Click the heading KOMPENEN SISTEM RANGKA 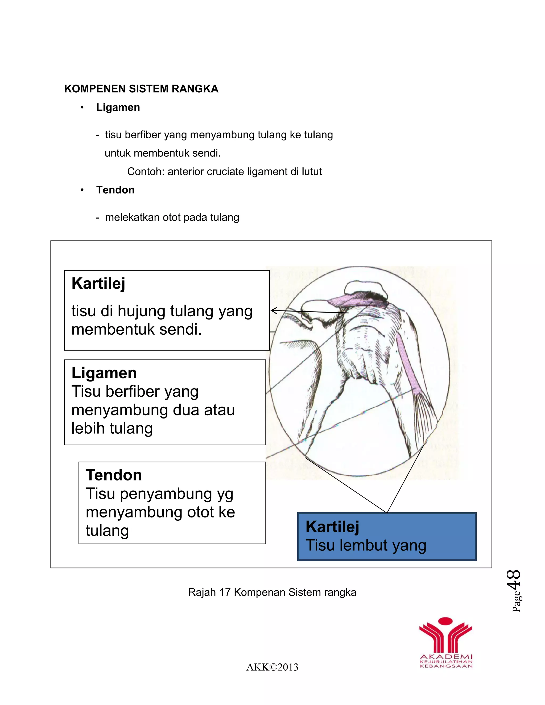[x=141, y=89]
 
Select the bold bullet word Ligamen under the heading [x=118, y=107]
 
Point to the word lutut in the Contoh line [x=312, y=171]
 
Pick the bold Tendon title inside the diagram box [x=114, y=475]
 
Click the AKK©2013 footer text [x=272, y=667]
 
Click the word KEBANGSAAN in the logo [x=446, y=666]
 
